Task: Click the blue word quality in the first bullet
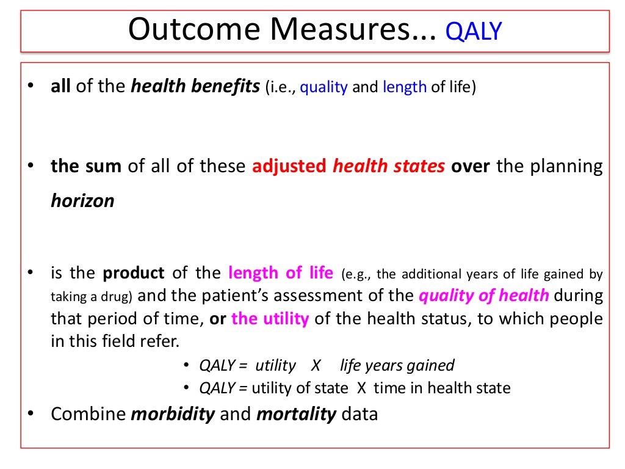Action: tap(324, 87)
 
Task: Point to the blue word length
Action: tap(404, 87)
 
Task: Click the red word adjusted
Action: tap(289, 166)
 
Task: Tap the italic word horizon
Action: tap(82, 202)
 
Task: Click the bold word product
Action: tap(134, 272)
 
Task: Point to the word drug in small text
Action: tap(120, 297)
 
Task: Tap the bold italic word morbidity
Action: tap(173, 414)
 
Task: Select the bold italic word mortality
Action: tap(297, 414)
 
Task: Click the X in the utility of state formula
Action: tap(361, 388)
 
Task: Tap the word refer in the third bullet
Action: tap(162, 341)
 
